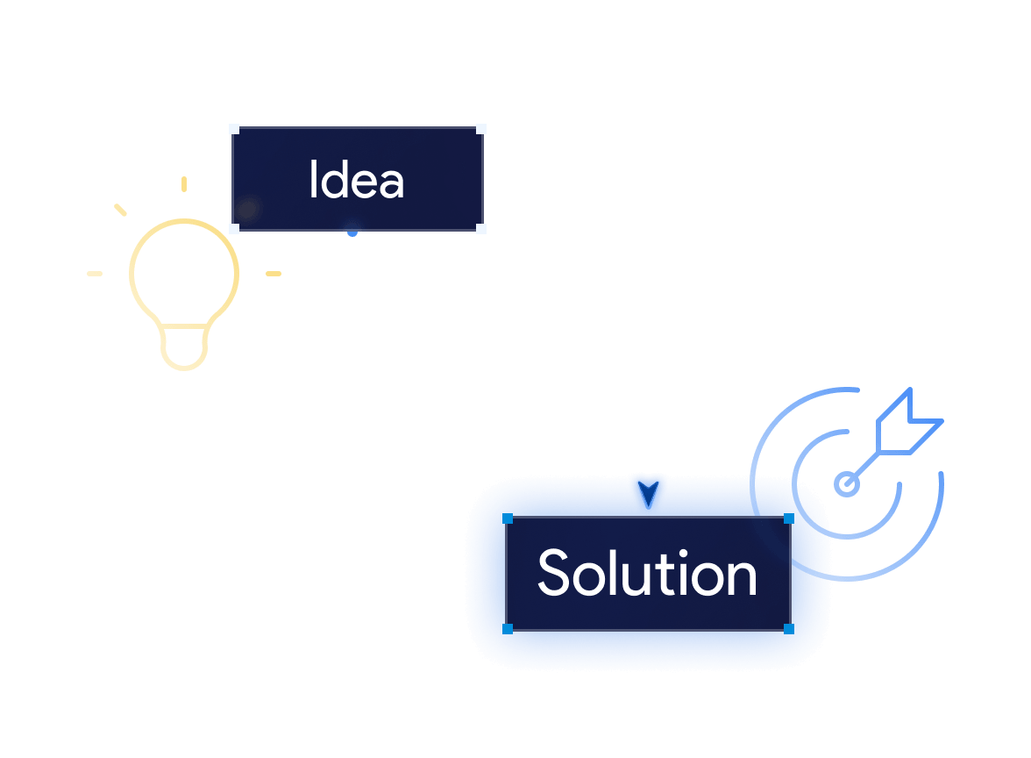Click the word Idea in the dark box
(356, 179)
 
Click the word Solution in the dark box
(647, 573)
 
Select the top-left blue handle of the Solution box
(508, 518)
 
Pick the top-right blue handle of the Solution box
(789, 518)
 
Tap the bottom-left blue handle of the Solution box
(508, 629)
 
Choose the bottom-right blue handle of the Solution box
(789, 629)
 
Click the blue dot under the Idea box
(352, 232)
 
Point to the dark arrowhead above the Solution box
(649, 494)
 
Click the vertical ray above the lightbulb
(184, 184)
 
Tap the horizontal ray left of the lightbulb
(95, 274)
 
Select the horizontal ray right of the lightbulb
(274, 274)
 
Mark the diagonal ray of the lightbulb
(120, 210)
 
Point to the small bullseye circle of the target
(846, 484)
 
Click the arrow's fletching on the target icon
(910, 421)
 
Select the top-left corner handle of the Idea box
(235, 129)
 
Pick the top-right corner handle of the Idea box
(480, 129)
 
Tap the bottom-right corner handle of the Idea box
(480, 228)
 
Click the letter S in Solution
(553, 572)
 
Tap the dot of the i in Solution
(684, 554)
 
